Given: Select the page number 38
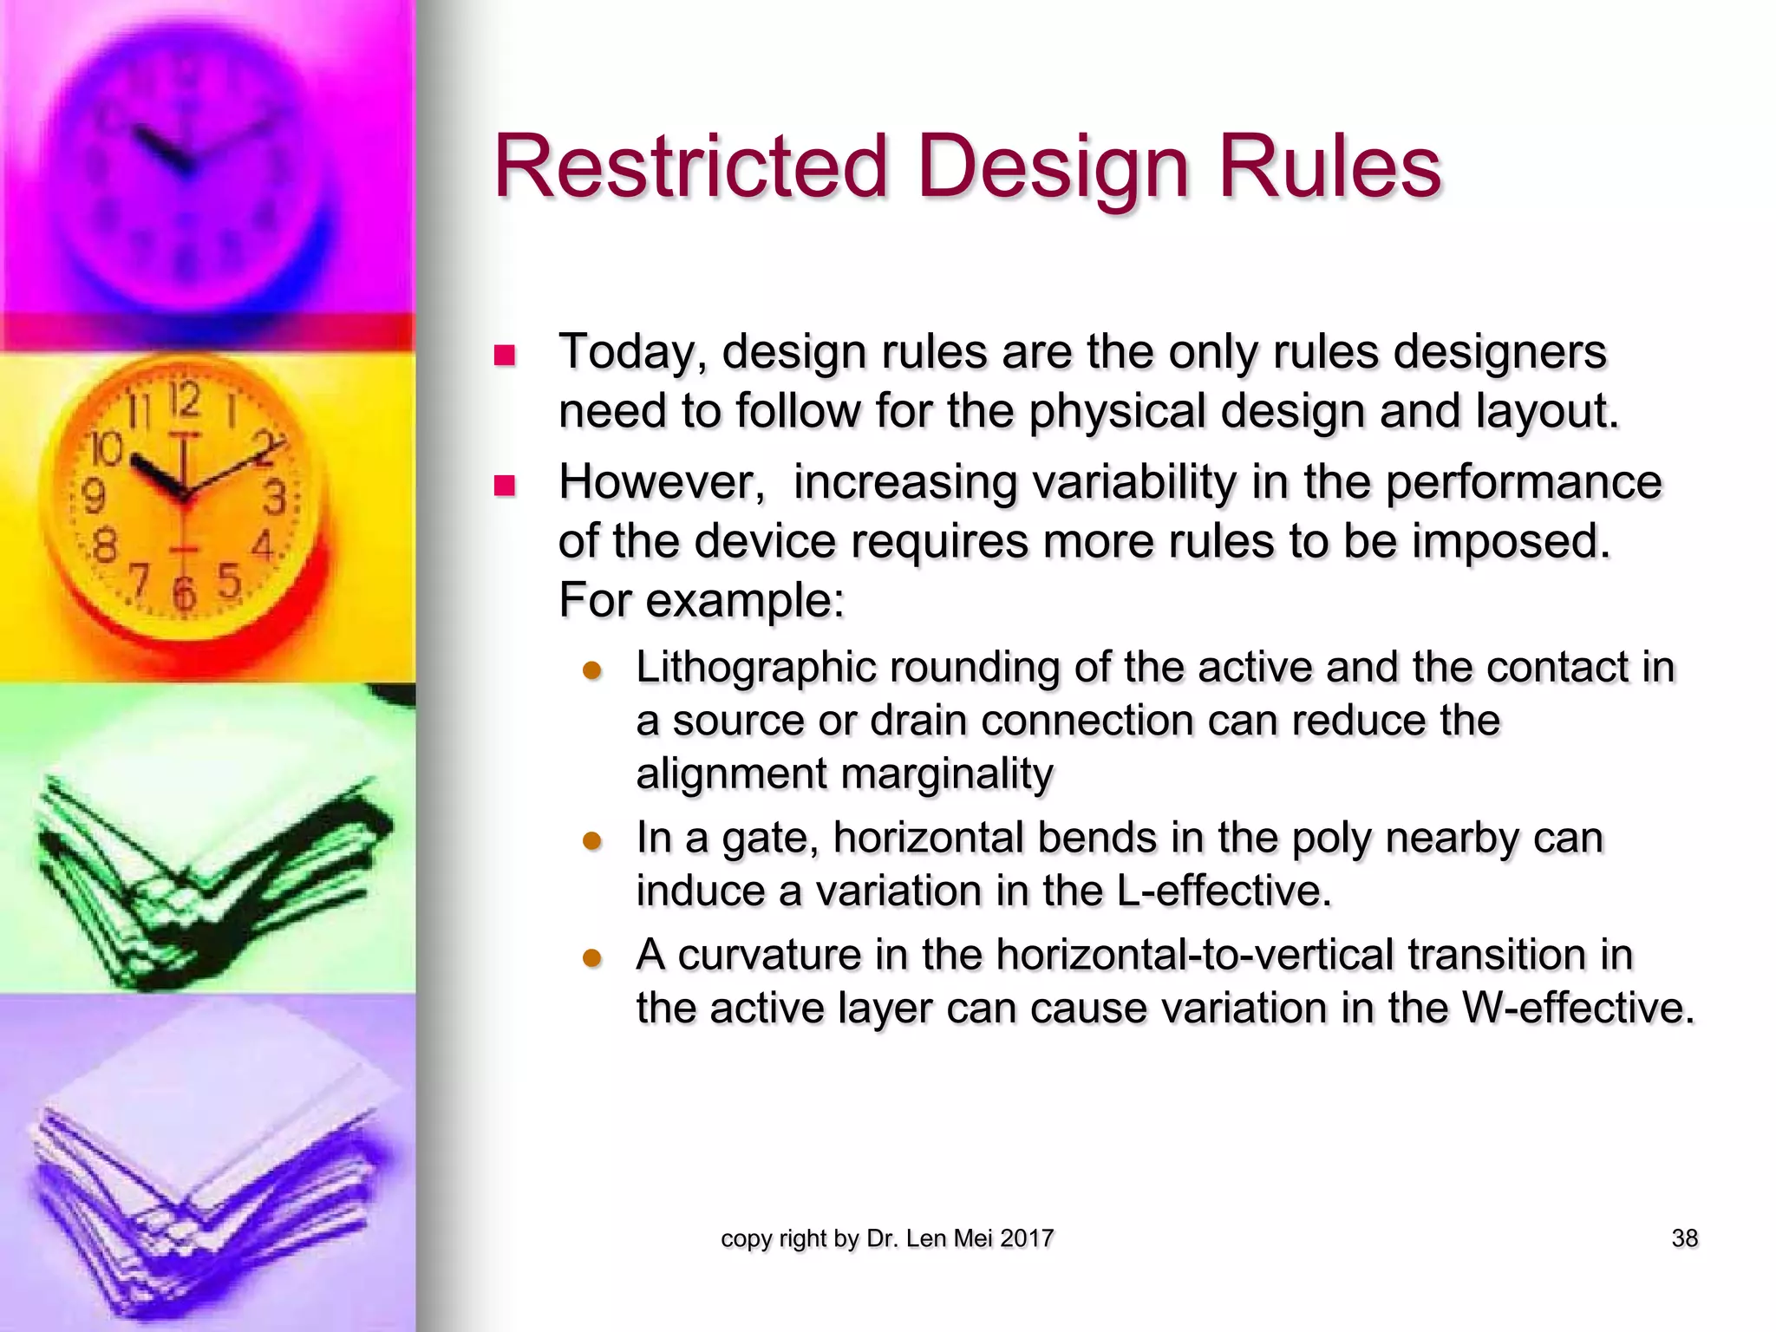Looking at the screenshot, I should tap(1684, 1238).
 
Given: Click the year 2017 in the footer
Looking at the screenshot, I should tap(1027, 1238).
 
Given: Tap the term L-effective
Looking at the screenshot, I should tap(1223, 891).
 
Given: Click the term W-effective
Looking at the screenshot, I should tap(1577, 1008).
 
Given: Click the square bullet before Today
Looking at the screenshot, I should tap(504, 356).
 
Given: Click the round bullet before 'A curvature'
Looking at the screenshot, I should tap(592, 957).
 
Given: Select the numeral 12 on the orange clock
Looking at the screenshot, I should tap(184, 402).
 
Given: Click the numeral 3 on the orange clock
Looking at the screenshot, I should tap(274, 499).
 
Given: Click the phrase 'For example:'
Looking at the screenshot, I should tap(701, 600).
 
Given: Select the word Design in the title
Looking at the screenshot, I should tap(1053, 166).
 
